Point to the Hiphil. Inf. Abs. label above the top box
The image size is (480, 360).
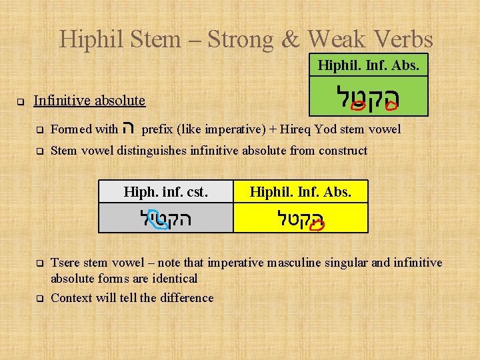click(x=368, y=66)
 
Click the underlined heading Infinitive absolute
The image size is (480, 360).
click(x=89, y=101)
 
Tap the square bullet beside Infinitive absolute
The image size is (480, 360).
click(x=21, y=103)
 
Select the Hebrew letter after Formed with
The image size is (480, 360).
click(x=130, y=129)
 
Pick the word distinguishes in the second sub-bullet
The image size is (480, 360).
click(x=152, y=151)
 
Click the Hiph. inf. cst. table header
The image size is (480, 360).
click(x=166, y=193)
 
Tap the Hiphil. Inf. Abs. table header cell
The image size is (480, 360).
click(x=300, y=193)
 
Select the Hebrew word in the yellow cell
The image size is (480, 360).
click(x=300, y=219)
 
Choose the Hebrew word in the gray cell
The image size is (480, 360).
click(x=166, y=219)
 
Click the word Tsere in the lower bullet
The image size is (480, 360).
click(x=66, y=263)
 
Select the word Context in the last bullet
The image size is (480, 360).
click(x=71, y=298)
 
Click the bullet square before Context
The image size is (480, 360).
click(x=39, y=298)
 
